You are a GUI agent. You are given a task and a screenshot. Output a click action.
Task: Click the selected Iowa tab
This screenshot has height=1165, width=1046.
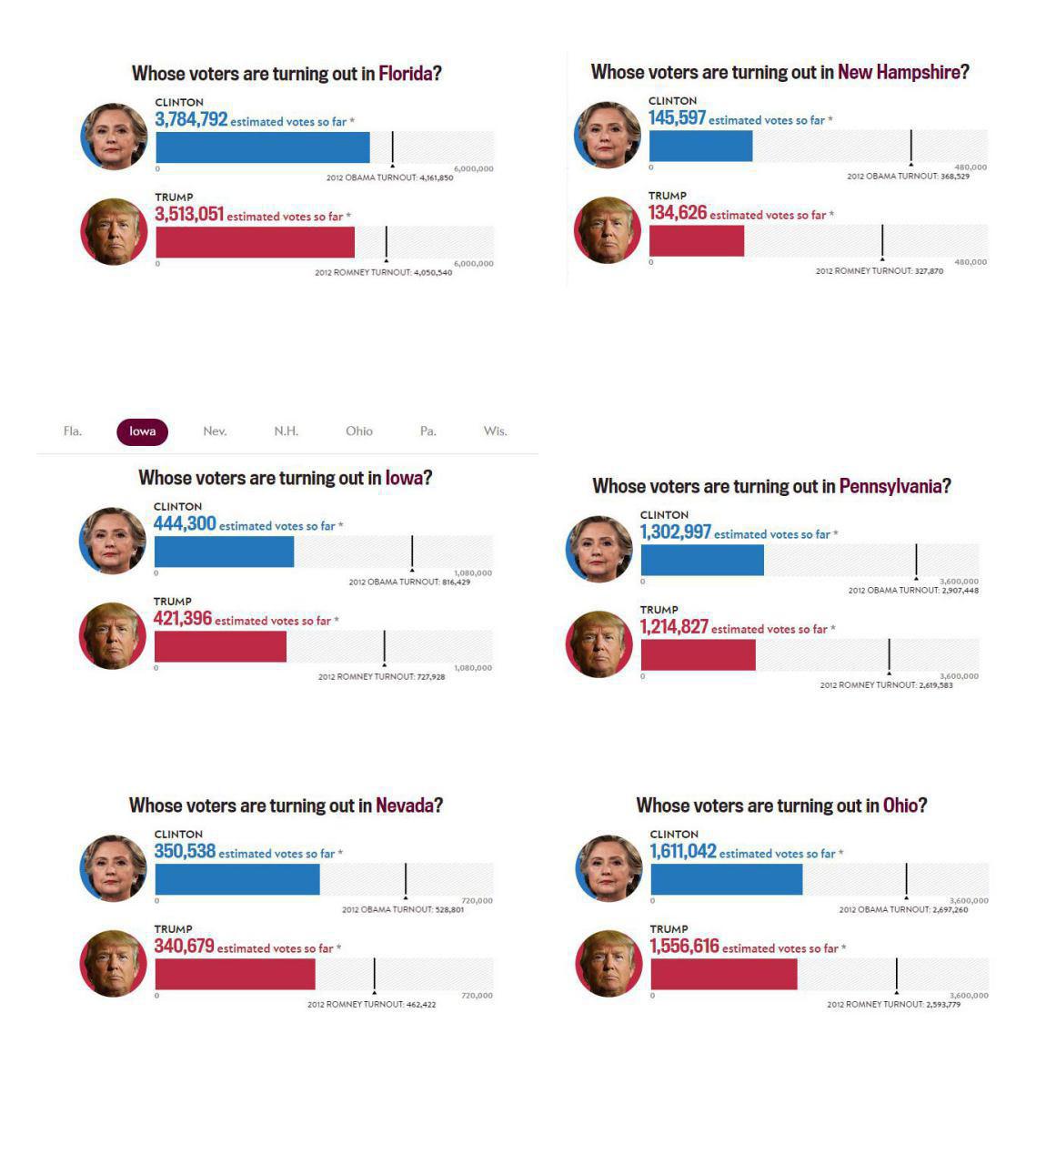point(142,431)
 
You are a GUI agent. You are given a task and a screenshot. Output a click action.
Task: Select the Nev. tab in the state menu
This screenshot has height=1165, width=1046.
point(215,431)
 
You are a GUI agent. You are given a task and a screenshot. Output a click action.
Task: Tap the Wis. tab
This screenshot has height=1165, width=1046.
point(495,431)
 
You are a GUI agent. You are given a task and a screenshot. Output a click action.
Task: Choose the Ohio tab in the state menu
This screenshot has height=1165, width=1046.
point(359,431)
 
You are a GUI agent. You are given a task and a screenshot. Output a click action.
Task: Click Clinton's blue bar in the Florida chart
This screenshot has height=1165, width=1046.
point(263,147)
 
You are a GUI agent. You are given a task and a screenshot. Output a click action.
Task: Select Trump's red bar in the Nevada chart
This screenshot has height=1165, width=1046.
point(235,974)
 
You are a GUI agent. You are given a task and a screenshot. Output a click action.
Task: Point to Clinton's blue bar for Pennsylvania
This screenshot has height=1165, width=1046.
point(702,560)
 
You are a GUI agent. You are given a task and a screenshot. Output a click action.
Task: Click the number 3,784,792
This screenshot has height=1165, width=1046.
point(191,120)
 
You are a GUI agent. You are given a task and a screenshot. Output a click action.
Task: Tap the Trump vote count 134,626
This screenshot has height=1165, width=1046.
point(678,213)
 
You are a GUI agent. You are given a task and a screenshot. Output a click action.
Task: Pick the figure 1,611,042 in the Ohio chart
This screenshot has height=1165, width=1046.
point(683,852)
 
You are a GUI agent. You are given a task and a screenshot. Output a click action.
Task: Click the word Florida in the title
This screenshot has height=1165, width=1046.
point(405,74)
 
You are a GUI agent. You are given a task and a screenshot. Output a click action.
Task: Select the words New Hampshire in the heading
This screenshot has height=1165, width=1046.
point(899,72)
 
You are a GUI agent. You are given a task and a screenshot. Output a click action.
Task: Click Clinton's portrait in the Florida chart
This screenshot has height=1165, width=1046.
point(115,137)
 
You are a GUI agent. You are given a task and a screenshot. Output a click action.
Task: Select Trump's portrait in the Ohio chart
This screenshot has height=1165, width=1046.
point(609,963)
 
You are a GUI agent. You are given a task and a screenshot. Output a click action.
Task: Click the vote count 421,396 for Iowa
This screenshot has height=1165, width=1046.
point(183,619)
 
